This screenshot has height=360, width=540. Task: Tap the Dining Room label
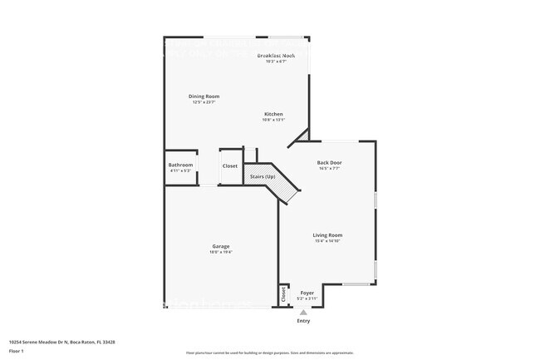tap(204, 96)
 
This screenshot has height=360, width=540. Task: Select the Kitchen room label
tap(273, 114)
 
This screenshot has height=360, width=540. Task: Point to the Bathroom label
tap(180, 165)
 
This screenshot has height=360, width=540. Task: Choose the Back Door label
tap(329, 162)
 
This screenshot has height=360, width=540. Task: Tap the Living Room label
tap(327, 235)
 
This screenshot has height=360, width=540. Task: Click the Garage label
tap(220, 246)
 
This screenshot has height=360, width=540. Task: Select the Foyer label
tap(307, 293)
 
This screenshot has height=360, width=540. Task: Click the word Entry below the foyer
tap(303, 321)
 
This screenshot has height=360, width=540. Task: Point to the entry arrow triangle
tap(303, 313)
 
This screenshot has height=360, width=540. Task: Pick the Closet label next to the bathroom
tap(230, 166)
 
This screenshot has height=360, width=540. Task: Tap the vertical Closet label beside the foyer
tap(283, 293)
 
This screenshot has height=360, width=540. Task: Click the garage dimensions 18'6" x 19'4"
tap(220, 252)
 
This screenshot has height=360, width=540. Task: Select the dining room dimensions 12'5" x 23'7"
tap(204, 102)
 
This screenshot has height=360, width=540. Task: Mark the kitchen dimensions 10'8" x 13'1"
tap(273, 120)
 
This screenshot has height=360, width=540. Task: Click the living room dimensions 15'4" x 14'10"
tap(327, 241)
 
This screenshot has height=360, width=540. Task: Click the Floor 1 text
tap(17, 351)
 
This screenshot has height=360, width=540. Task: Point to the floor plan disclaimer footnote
tap(269, 353)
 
